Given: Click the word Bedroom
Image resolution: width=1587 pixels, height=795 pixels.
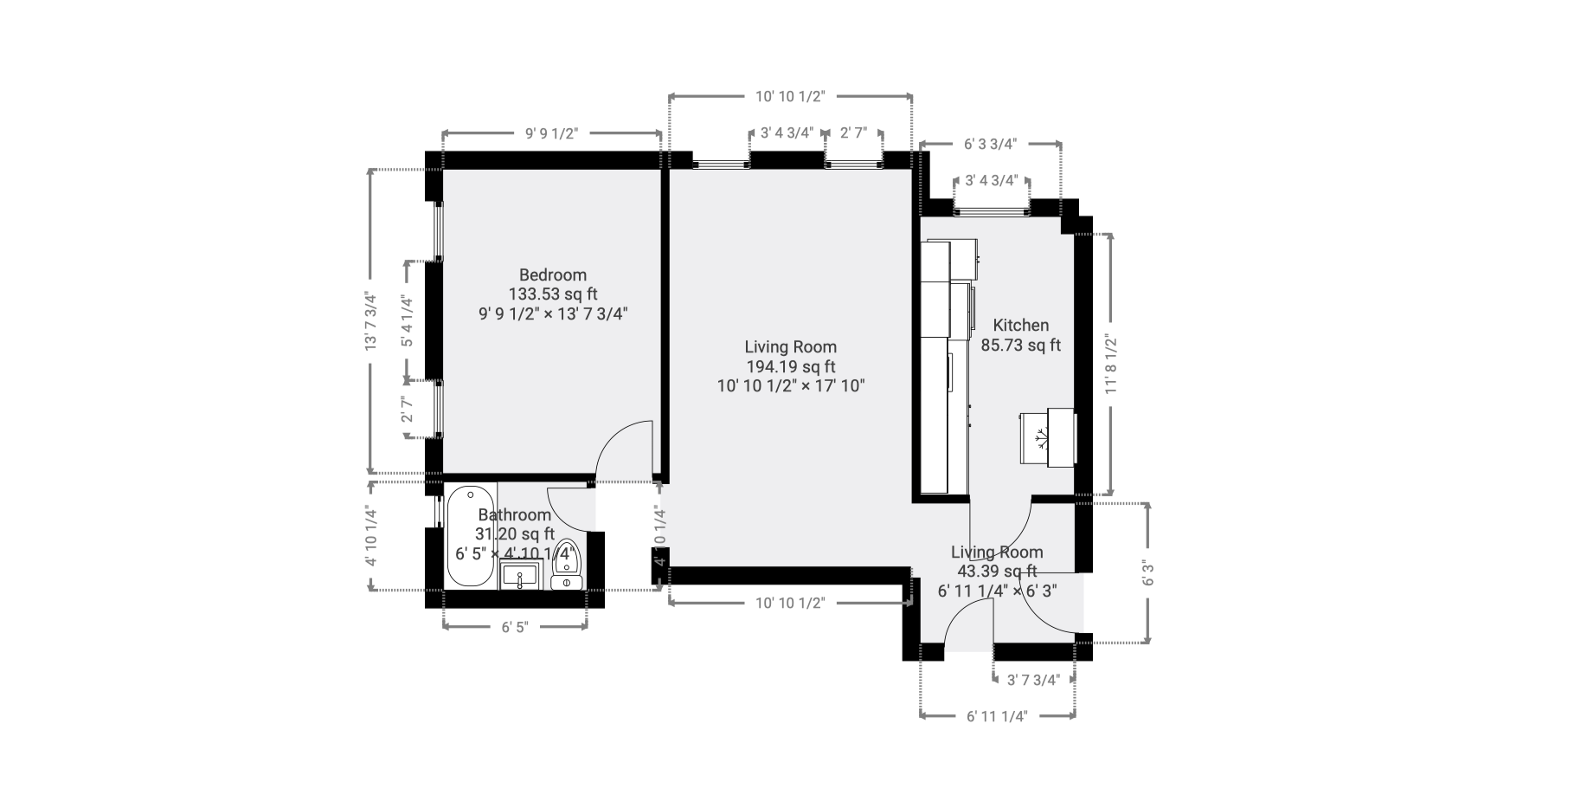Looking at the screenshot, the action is [553, 275].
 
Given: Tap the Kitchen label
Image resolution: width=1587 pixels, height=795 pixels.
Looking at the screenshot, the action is [1020, 325].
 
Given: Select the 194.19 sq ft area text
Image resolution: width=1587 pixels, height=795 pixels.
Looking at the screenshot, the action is [791, 366].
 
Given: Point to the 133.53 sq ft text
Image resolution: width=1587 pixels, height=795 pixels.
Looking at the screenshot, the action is [553, 294].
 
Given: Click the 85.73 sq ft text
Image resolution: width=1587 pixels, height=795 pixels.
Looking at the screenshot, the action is [1020, 345].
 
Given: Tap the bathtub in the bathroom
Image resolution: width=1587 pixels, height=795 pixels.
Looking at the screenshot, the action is [470, 536].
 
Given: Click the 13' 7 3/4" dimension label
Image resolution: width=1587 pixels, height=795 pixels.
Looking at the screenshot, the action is [371, 320].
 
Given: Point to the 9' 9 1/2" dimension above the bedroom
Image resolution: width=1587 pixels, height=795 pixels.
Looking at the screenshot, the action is [551, 133].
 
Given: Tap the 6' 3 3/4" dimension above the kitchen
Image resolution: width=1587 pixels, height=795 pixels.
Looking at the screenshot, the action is [990, 144].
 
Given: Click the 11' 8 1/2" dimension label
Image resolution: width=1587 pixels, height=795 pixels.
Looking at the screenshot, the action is [1111, 365].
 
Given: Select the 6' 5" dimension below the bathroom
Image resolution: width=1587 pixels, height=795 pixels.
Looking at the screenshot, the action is [514, 626].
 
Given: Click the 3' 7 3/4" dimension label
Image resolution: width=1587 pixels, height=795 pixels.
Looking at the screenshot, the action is [1033, 680].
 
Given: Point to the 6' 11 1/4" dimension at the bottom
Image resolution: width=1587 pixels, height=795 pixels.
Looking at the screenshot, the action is [996, 716].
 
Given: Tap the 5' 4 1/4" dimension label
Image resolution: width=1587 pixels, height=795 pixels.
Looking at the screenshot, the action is [407, 321].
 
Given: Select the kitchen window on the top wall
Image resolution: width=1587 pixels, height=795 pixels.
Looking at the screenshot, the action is [992, 210].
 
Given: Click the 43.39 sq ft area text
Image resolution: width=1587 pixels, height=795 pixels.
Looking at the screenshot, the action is [997, 571].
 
